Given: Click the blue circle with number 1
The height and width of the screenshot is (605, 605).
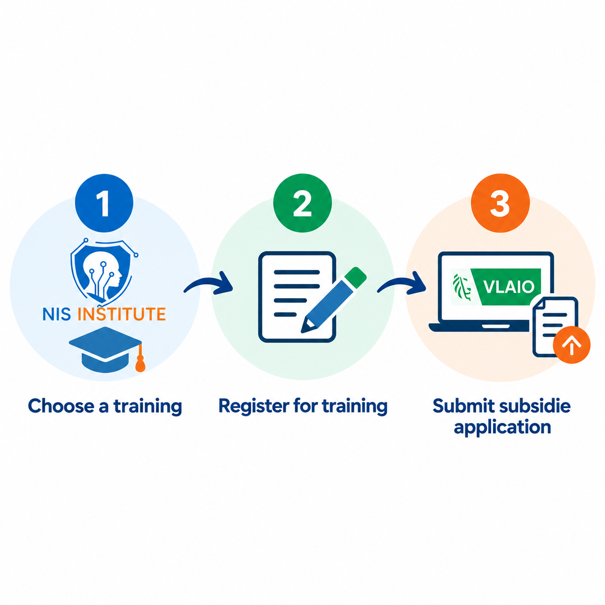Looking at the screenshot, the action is tap(104, 203).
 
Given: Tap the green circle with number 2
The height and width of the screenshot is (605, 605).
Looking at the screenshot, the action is tap(302, 203).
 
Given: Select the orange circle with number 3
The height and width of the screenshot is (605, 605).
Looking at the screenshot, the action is tap(500, 203).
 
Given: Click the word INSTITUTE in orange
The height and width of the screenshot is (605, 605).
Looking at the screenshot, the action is tap(122, 314).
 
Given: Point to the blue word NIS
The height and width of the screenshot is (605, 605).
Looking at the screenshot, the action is tap(56, 314).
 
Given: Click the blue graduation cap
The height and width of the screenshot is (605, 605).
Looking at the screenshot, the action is tap(106, 349).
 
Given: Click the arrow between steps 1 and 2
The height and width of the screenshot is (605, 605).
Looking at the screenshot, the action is tap(208, 283).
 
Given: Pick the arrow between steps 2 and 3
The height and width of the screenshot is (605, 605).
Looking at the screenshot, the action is tap(401, 283).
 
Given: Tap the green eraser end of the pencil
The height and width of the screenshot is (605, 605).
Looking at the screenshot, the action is tap(356, 277).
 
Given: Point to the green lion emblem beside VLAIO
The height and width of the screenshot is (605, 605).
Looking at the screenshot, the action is tap(462, 286).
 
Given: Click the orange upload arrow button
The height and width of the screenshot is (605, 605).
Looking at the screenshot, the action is tap(571, 345).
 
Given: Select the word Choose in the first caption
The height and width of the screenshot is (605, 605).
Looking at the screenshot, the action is tap(61, 406).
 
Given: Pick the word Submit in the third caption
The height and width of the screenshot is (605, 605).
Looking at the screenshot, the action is tap(464, 406).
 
